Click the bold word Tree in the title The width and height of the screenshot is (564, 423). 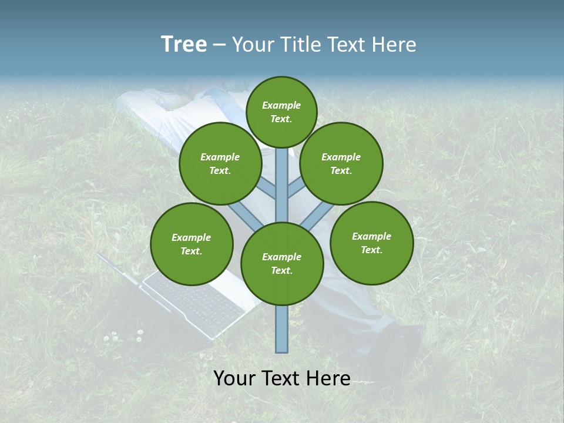pyautogui.click(x=184, y=45)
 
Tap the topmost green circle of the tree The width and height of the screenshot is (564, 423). pyautogui.click(x=281, y=112)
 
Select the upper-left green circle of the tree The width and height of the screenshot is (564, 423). pyautogui.click(x=220, y=163)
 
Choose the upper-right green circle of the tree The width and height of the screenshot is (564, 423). pyautogui.click(x=341, y=163)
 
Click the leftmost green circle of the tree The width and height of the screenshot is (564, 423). pyautogui.click(x=192, y=244)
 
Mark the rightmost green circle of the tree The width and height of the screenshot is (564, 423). pyautogui.click(x=371, y=243)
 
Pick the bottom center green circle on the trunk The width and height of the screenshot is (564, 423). pyautogui.click(x=282, y=263)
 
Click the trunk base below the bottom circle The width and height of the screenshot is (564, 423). pyautogui.click(x=282, y=329)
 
